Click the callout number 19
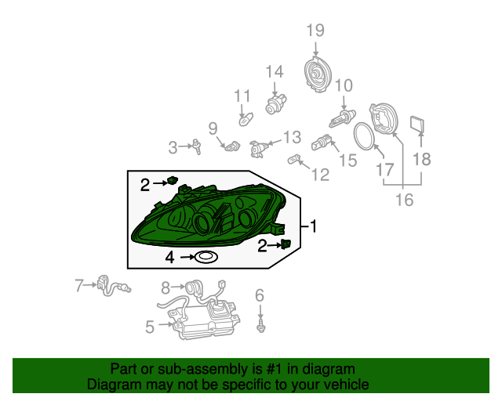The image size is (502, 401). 315,31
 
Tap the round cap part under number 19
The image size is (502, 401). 317,75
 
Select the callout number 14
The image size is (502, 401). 275,71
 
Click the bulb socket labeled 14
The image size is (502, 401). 275,103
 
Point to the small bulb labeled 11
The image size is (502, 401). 246,119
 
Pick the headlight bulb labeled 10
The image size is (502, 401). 342,118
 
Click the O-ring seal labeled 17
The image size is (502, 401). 363,136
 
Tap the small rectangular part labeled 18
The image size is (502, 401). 417,125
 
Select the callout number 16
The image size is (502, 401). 405,200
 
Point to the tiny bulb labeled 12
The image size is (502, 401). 294,159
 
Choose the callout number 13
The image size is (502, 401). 292,137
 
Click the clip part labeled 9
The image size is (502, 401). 232,146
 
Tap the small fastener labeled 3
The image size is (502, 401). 196,146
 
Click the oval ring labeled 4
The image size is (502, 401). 206,257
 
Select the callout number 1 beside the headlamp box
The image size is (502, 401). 314,226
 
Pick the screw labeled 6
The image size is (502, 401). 261,325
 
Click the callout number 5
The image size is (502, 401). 150,327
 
